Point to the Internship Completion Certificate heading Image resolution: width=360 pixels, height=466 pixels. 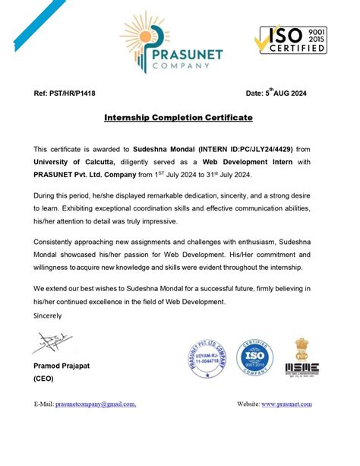[178, 119]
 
